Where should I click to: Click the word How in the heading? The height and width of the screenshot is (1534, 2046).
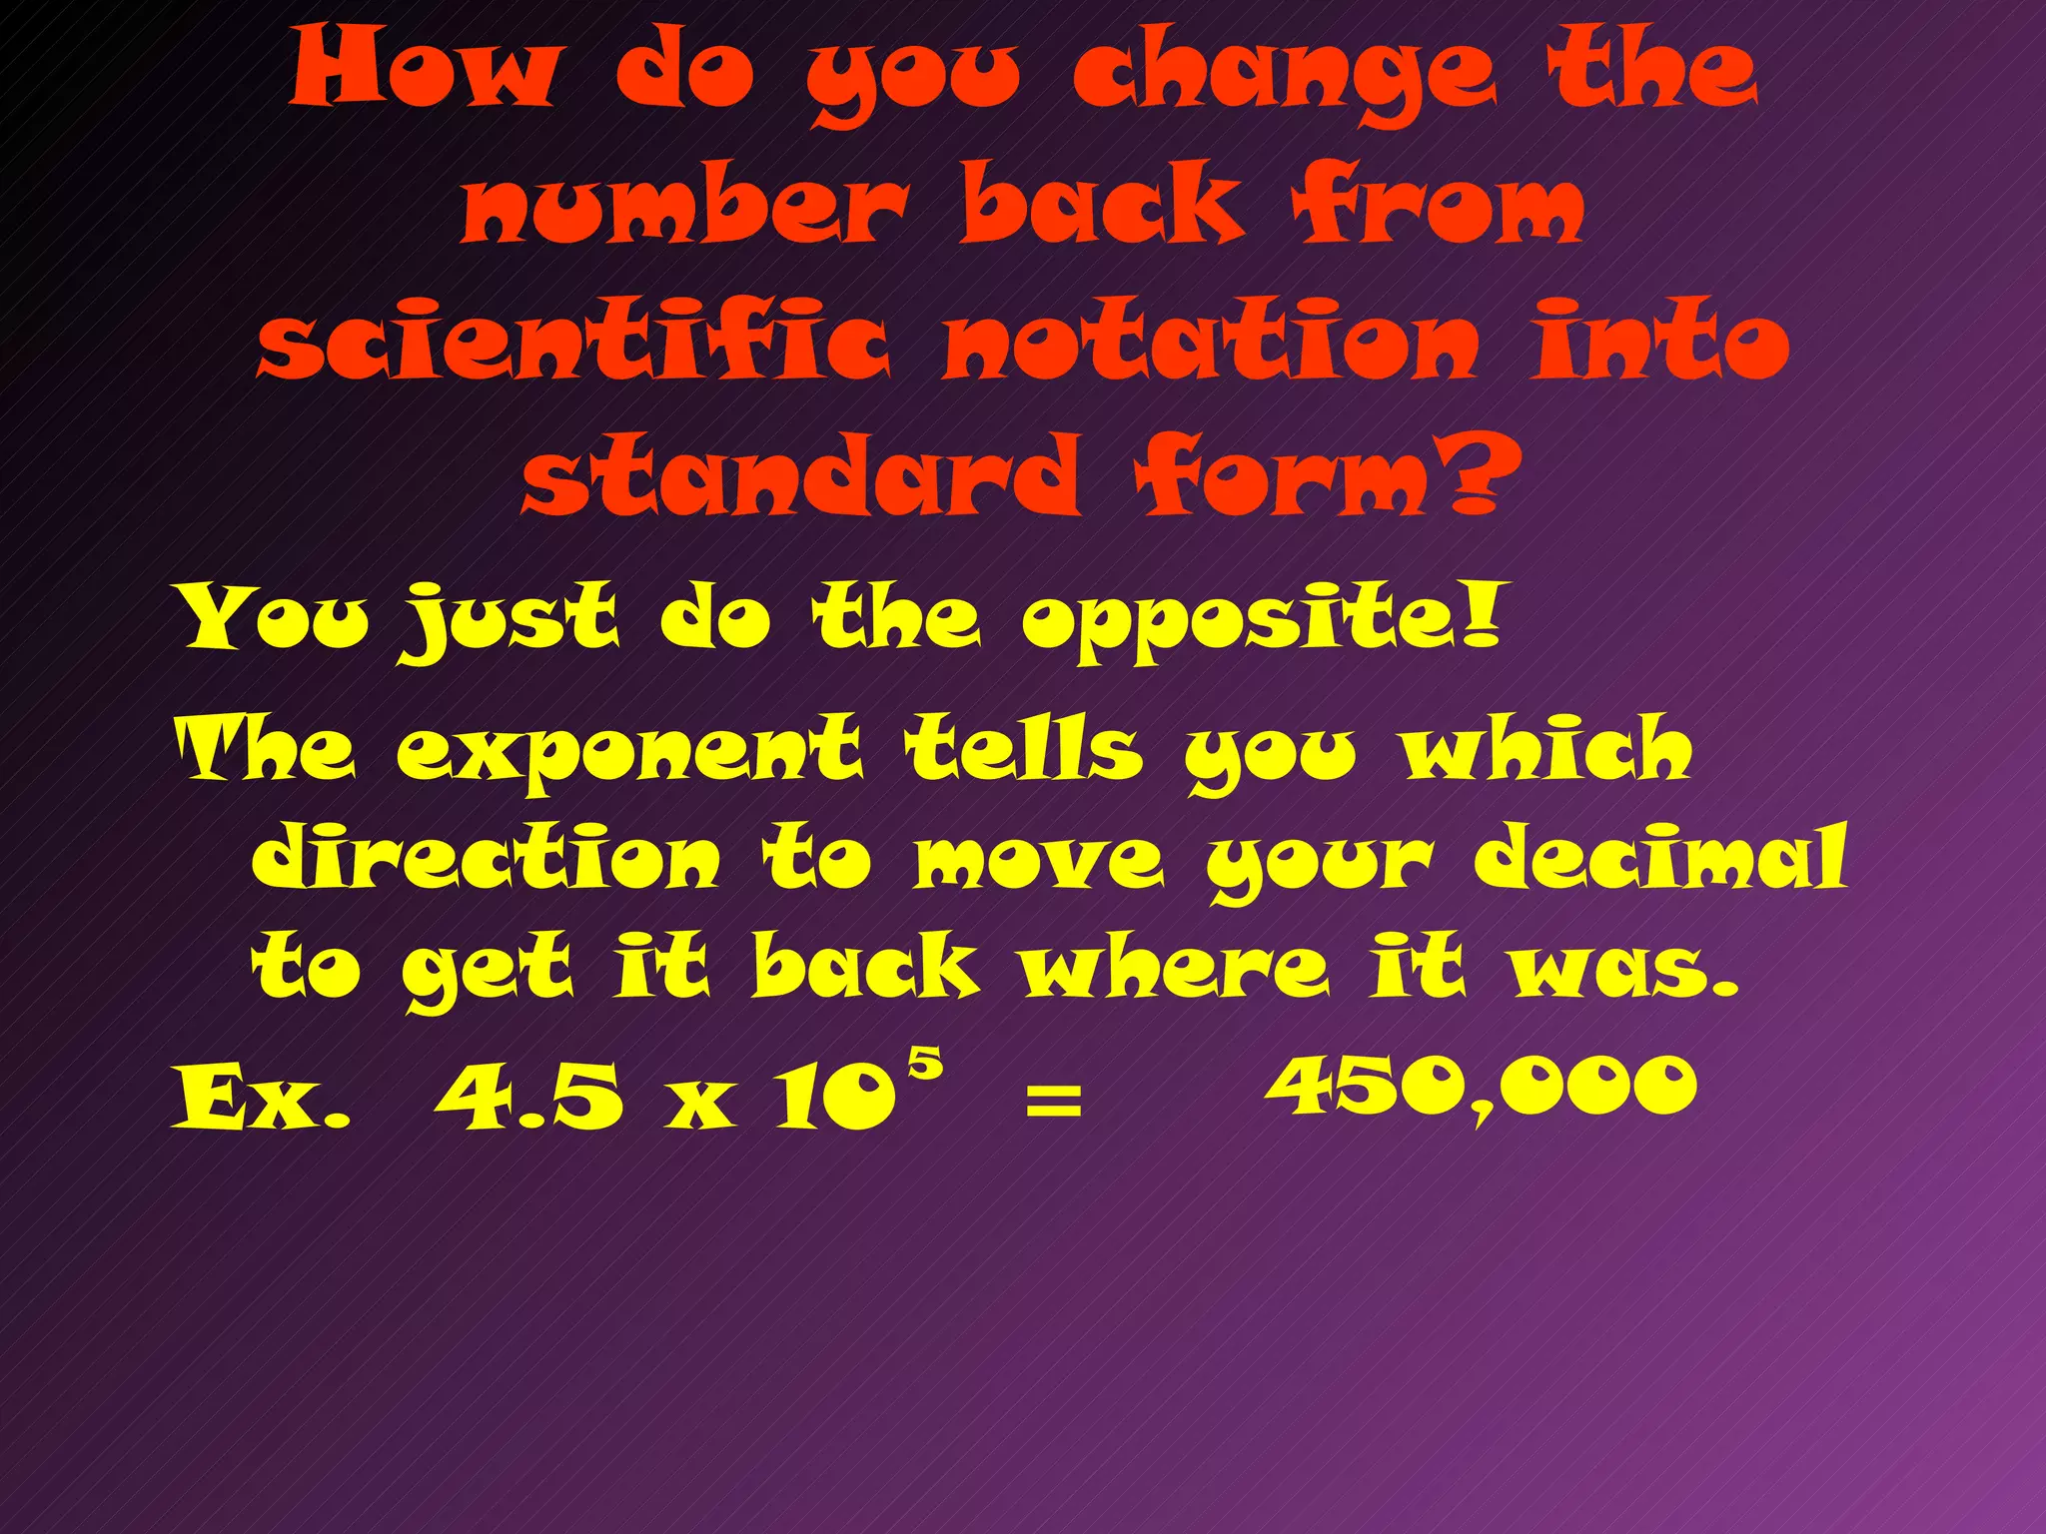(x=422, y=70)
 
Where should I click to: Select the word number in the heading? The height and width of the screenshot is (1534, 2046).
(x=685, y=205)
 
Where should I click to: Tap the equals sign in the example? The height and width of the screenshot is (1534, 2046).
(x=1053, y=1102)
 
